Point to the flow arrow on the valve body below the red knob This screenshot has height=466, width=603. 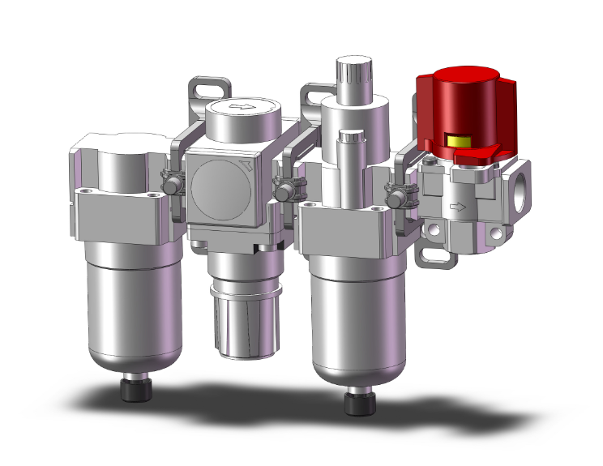[x=458, y=207]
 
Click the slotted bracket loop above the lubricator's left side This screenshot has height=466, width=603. [x=313, y=92]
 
